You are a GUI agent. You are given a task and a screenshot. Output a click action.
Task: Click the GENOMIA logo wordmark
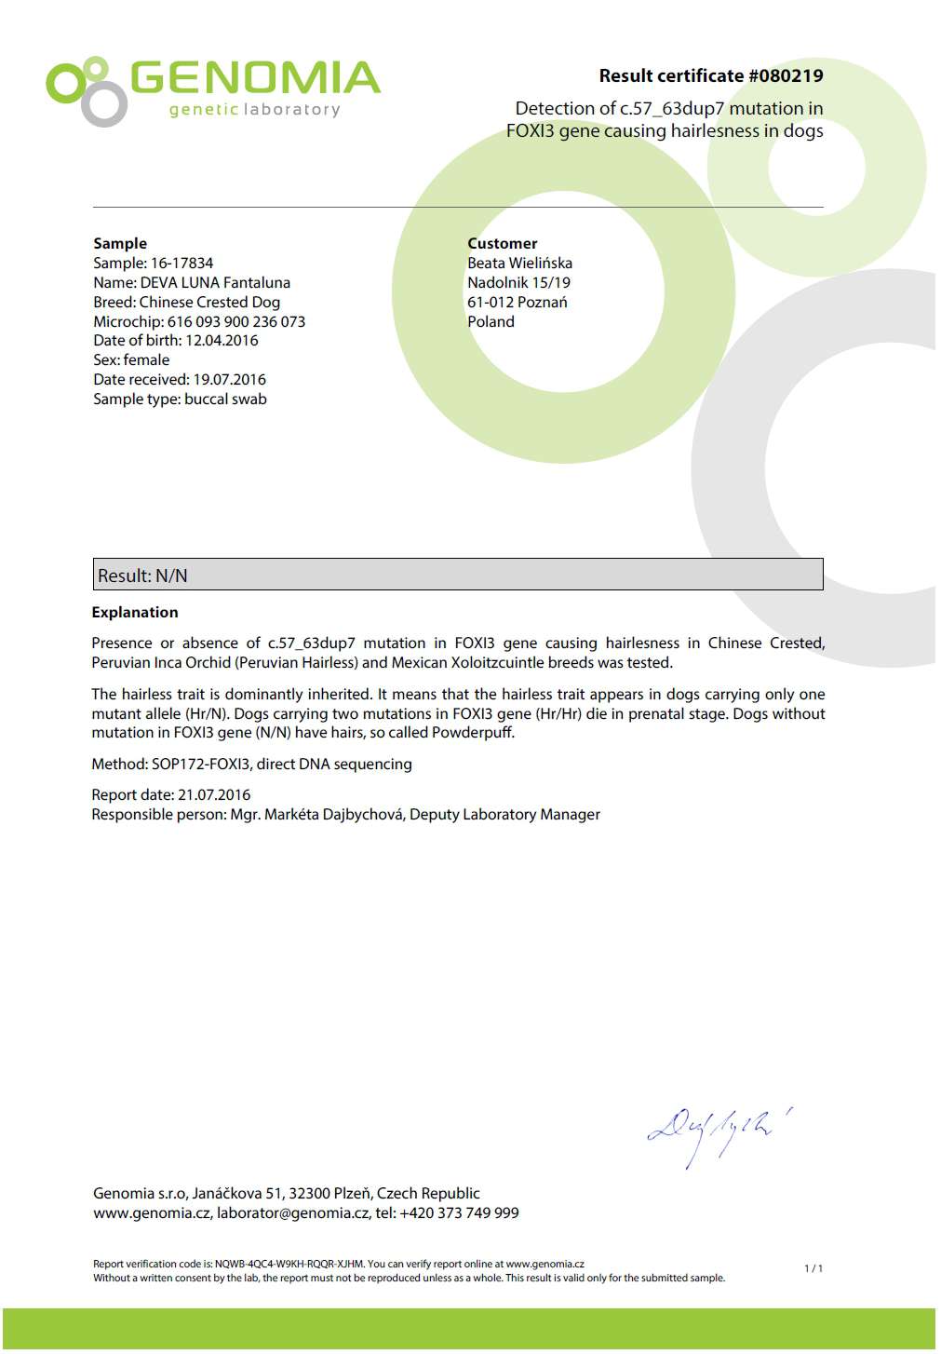click(x=254, y=79)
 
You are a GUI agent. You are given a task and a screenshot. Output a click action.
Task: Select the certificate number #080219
click(x=786, y=75)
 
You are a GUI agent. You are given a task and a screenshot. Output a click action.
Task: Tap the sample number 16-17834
click(x=181, y=264)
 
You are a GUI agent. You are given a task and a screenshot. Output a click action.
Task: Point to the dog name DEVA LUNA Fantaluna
click(x=215, y=283)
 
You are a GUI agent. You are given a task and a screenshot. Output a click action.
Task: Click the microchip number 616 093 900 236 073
click(x=236, y=322)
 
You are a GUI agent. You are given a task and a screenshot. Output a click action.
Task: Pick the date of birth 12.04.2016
click(x=222, y=341)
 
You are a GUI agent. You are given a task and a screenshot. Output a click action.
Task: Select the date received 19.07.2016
click(x=229, y=380)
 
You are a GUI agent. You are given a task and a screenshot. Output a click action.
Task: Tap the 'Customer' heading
click(x=503, y=244)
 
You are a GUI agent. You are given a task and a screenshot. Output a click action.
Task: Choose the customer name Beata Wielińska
click(x=519, y=264)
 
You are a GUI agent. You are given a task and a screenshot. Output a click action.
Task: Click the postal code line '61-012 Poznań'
click(x=517, y=303)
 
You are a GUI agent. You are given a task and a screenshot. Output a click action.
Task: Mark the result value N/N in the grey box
click(x=171, y=576)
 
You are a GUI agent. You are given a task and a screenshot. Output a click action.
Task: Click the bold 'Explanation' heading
click(x=135, y=613)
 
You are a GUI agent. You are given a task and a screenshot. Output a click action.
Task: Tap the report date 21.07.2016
click(x=214, y=795)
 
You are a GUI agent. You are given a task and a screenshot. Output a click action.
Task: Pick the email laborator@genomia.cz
click(x=292, y=1213)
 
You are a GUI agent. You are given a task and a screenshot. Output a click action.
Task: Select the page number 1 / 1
click(x=813, y=1268)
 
